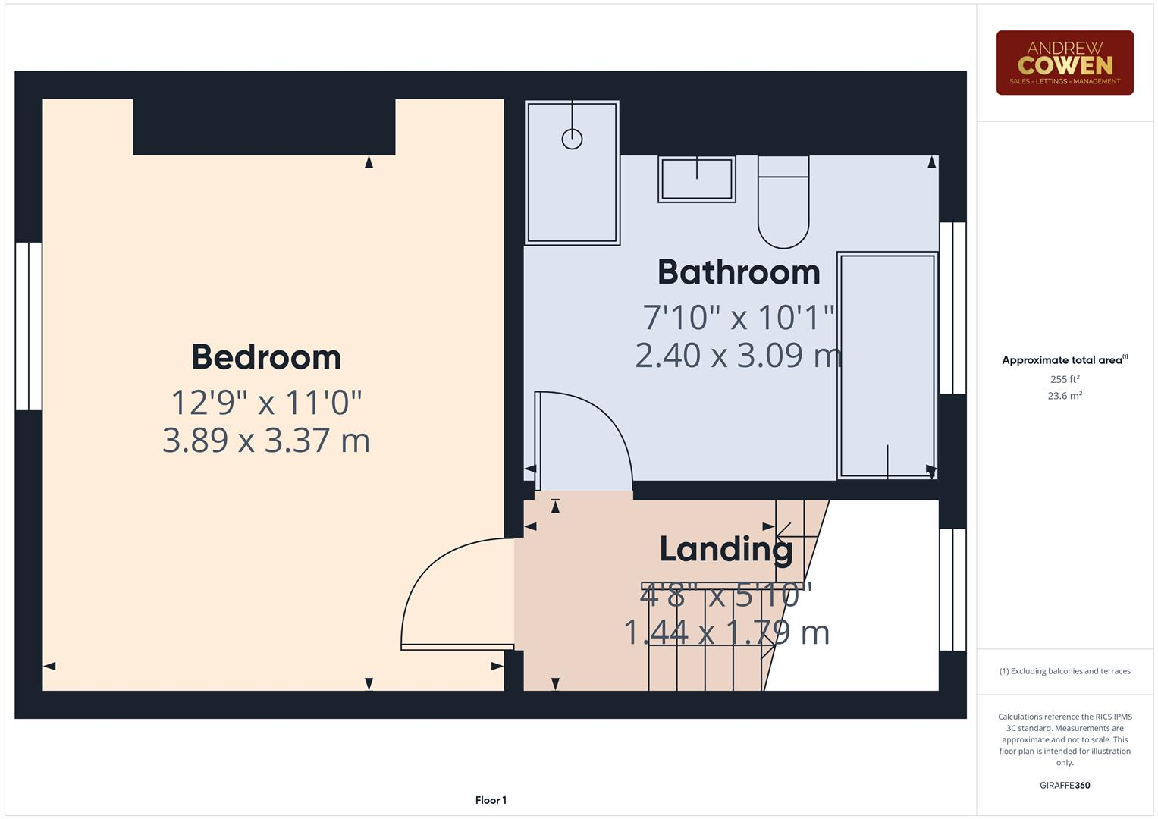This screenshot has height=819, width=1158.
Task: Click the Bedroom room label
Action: [x=266, y=357]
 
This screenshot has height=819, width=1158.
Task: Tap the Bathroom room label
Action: [x=739, y=272]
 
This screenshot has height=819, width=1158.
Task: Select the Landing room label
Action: [x=726, y=549]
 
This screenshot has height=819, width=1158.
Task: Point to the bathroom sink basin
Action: [x=696, y=180]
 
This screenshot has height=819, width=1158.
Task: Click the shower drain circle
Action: [x=572, y=139]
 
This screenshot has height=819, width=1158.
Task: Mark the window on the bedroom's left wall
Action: [x=29, y=326]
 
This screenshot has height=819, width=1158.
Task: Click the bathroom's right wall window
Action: [x=952, y=308]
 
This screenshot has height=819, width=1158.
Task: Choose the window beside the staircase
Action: [x=952, y=589]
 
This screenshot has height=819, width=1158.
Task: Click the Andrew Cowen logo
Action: [x=1064, y=63]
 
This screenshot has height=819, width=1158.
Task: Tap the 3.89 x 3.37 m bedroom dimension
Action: [x=266, y=441]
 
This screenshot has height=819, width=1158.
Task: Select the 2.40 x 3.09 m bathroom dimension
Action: [x=738, y=355]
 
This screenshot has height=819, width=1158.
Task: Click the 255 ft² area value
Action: [x=1064, y=379]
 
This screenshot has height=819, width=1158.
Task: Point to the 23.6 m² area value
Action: [x=1064, y=396]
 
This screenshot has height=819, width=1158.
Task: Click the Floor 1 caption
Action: [x=491, y=800]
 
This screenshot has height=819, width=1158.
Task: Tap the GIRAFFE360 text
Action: [x=1064, y=785]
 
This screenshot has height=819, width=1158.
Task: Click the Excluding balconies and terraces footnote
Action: [x=1064, y=671]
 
